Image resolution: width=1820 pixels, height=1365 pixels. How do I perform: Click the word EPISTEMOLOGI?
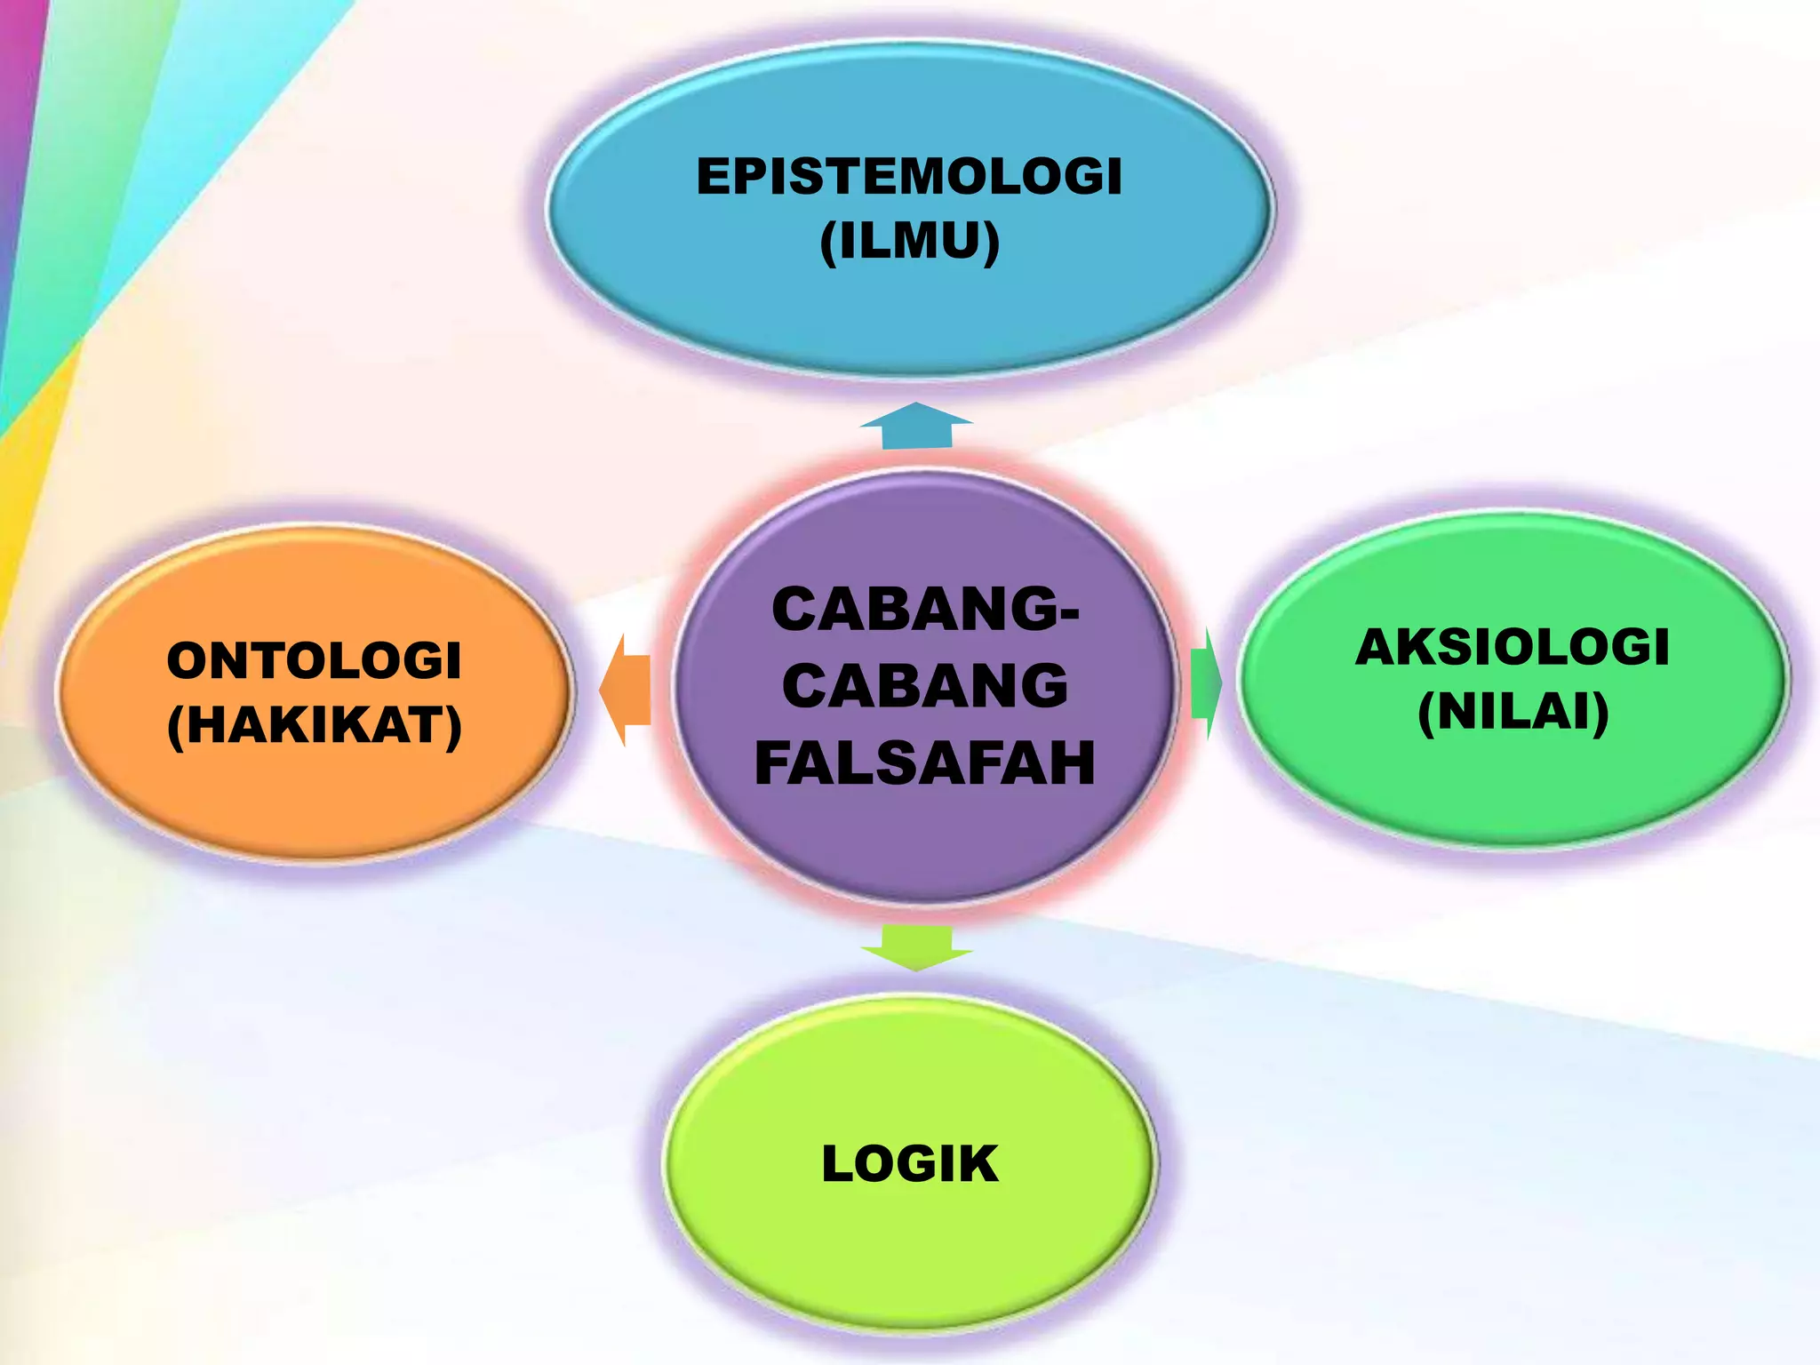pyautogui.click(x=909, y=176)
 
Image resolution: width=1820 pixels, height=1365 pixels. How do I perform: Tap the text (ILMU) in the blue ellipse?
pyautogui.click(x=909, y=241)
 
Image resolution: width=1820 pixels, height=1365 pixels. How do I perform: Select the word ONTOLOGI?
pyautogui.click(x=314, y=661)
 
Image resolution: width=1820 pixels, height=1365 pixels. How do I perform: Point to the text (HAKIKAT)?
pyautogui.click(x=315, y=725)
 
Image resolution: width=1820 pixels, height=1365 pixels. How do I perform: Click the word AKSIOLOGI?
pyautogui.click(x=1513, y=647)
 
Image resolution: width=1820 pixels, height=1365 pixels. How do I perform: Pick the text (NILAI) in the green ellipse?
pyautogui.click(x=1513, y=712)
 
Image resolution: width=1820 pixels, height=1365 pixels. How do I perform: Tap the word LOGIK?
pyautogui.click(x=909, y=1164)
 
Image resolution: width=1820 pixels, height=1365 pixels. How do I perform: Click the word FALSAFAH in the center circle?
pyautogui.click(x=924, y=763)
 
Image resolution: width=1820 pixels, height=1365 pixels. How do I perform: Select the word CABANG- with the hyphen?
pyautogui.click(x=924, y=610)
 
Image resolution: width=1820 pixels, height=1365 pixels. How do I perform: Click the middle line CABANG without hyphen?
pyautogui.click(x=924, y=686)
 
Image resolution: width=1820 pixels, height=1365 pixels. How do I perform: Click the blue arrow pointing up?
pyautogui.click(x=916, y=426)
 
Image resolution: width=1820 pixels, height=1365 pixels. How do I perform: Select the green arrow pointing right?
pyautogui.click(x=1206, y=682)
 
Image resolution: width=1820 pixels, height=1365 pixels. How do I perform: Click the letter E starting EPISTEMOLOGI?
pyautogui.click(x=713, y=176)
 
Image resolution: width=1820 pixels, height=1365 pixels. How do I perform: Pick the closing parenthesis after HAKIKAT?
pyautogui.click(x=453, y=727)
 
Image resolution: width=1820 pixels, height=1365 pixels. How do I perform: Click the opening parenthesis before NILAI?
pyautogui.click(x=1426, y=714)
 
